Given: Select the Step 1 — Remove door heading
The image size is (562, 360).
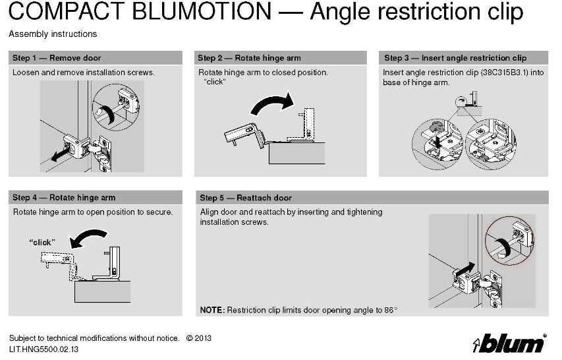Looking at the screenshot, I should (x=57, y=58).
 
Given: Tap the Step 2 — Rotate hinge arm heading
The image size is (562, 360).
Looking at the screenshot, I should (x=249, y=58).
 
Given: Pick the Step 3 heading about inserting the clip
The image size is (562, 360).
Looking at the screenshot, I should (x=455, y=58).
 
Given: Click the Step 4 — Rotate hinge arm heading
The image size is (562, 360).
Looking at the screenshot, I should (x=64, y=198).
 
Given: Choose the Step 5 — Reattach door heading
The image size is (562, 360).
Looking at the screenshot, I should (x=246, y=198).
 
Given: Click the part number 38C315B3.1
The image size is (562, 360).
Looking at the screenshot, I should (x=504, y=73).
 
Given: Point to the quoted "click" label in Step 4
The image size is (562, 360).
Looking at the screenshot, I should (x=42, y=242).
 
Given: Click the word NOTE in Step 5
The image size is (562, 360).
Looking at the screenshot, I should (x=211, y=310).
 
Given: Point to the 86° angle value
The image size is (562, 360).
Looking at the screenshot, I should (x=391, y=310).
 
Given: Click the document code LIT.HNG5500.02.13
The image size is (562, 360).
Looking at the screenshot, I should (x=43, y=349).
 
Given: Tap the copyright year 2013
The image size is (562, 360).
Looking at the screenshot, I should (x=203, y=338).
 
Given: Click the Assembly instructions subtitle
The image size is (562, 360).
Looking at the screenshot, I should (x=53, y=34).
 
